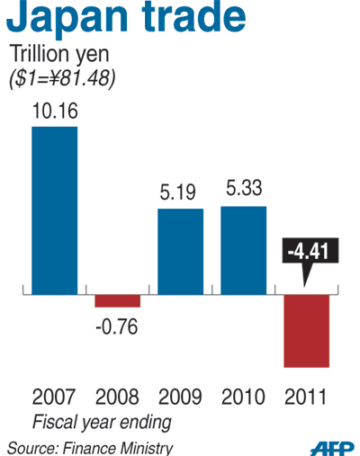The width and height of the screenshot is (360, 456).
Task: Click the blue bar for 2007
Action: [x=54, y=210]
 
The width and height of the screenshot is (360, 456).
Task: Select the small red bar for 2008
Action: [x=117, y=300]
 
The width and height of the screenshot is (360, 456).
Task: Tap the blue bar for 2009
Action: [x=180, y=251]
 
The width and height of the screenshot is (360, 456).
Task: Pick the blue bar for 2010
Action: [x=243, y=250]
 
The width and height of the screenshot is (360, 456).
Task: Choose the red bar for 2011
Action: [x=307, y=330]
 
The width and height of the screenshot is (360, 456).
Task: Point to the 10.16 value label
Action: [x=54, y=112]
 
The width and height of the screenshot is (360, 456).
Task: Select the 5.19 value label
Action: [x=180, y=193]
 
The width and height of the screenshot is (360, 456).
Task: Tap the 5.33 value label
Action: [x=243, y=192]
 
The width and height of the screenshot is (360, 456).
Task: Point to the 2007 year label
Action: [x=54, y=397]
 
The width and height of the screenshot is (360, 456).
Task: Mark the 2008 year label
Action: [x=117, y=397]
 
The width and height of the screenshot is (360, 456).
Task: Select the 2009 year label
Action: [x=180, y=397]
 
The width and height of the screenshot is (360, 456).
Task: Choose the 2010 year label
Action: [x=243, y=397]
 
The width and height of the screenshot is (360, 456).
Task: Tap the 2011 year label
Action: [x=306, y=397]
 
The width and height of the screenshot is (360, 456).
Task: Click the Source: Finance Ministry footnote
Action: [x=90, y=446]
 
